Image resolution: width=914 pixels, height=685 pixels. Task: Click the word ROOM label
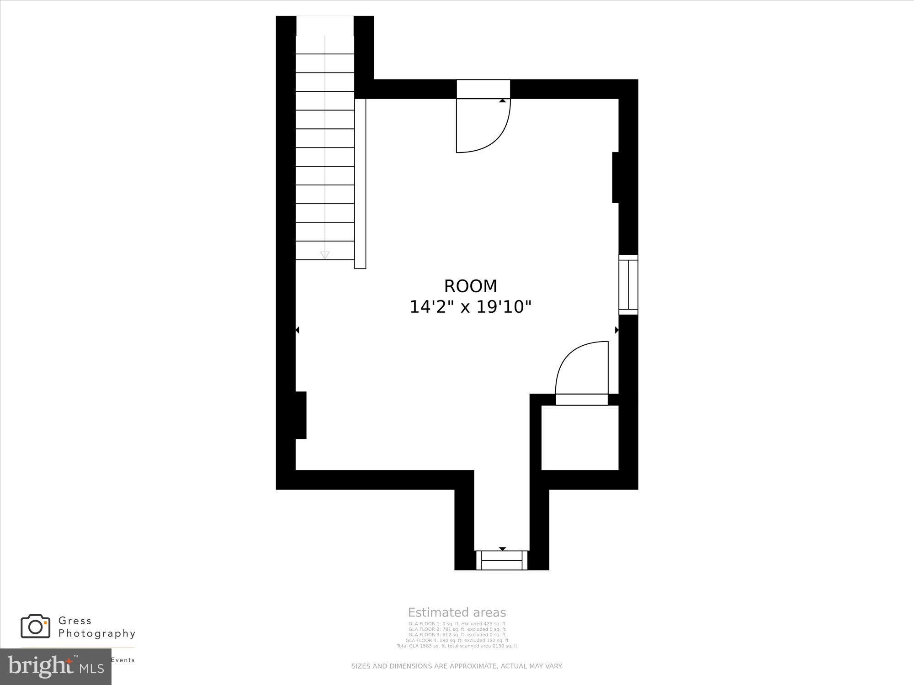(470, 286)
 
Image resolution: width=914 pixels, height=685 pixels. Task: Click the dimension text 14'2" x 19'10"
(470, 307)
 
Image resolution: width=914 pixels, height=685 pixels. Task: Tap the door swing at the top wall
(483, 126)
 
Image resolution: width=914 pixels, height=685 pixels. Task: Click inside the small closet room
(579, 437)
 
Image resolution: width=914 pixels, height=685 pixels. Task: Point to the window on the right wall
(628, 285)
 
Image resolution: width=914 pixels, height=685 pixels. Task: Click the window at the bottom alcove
(502, 560)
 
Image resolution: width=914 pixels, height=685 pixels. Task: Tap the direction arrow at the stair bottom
(325, 255)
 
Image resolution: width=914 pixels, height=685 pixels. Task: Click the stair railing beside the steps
(360, 183)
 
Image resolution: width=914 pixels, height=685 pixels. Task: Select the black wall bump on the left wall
(301, 415)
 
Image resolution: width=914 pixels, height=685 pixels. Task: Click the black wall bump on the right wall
(616, 177)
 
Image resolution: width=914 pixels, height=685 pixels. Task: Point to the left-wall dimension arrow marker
(297, 330)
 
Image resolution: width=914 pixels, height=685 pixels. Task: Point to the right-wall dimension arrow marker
(616, 330)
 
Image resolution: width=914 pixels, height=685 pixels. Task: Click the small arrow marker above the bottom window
(502, 548)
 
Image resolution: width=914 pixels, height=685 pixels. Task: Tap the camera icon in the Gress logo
(35, 626)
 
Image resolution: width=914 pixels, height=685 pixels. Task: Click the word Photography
(97, 633)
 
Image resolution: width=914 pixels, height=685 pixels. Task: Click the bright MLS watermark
(55, 666)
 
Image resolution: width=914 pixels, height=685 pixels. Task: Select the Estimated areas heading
(457, 612)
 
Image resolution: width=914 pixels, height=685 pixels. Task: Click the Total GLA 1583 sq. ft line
(457, 646)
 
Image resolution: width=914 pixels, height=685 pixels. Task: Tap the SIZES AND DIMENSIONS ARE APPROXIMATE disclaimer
(457, 666)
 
